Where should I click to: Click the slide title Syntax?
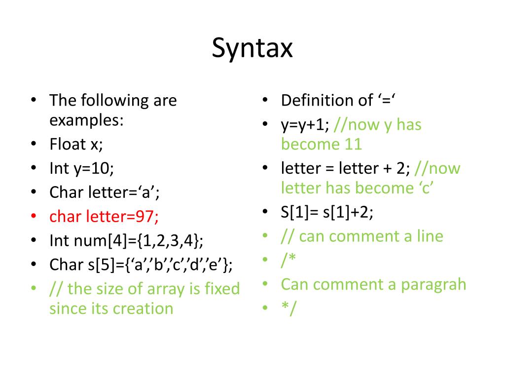pos(252,48)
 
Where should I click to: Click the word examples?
pos(86,120)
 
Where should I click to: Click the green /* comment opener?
pos(288,260)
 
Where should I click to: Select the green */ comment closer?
pos(288,309)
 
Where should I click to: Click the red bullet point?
pos(34,216)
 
